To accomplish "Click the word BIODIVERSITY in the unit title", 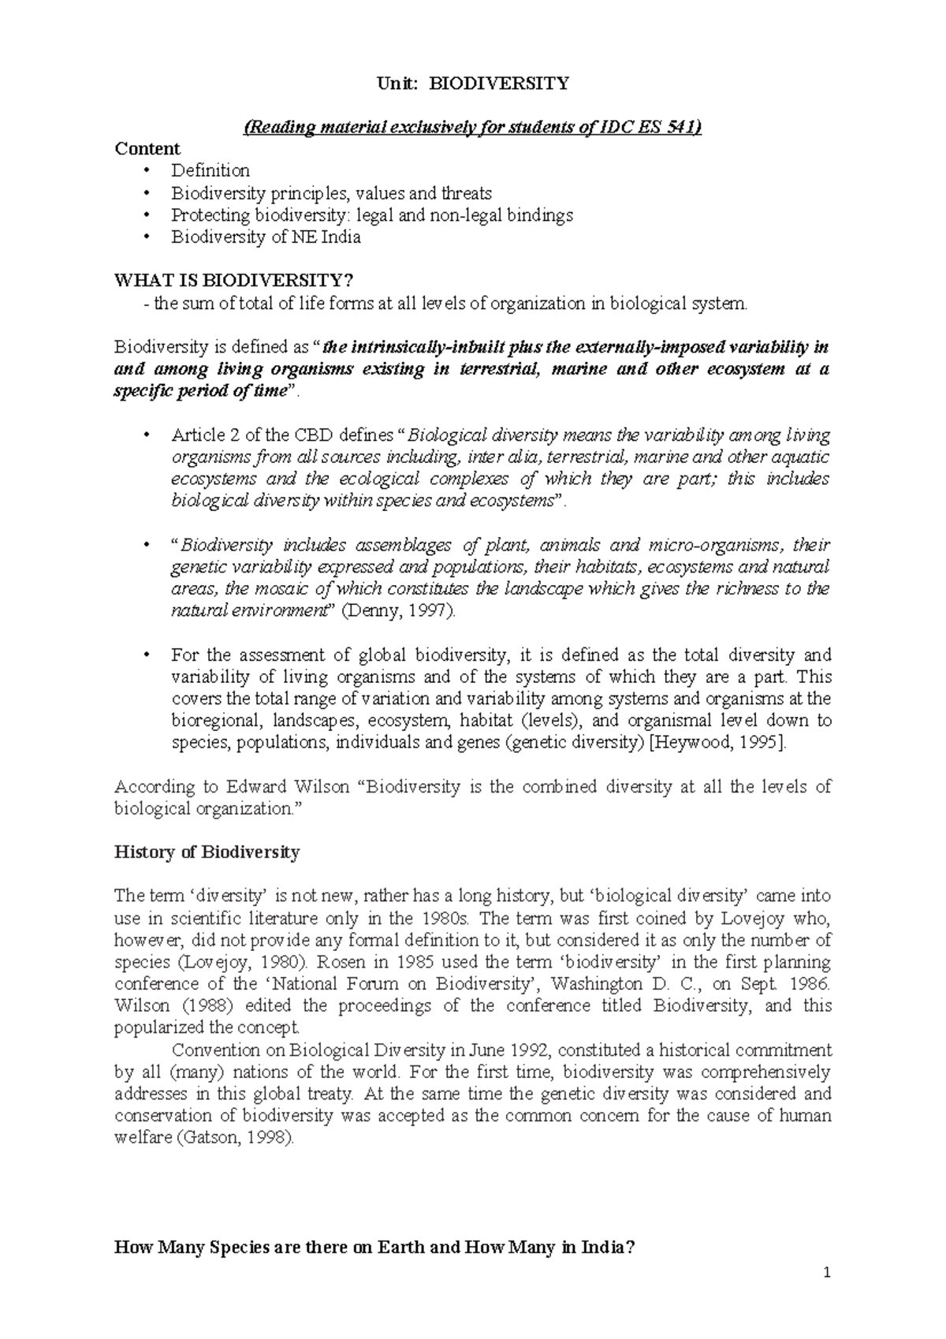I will tap(497, 84).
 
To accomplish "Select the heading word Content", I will tap(147, 149).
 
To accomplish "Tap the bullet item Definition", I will tap(210, 170).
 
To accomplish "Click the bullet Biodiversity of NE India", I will tap(266, 237).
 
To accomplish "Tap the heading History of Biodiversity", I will tap(207, 852).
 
